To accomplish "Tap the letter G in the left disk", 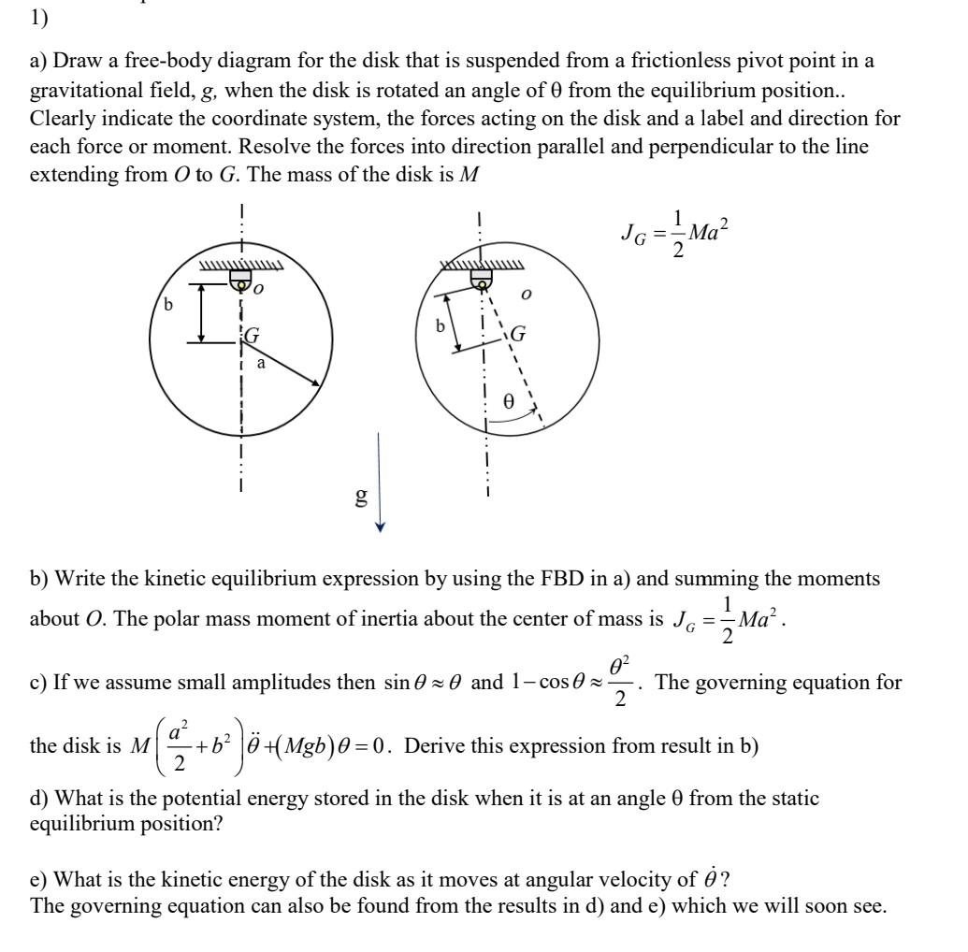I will [x=253, y=335].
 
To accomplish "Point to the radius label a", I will [x=261, y=362].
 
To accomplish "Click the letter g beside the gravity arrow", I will [x=359, y=497].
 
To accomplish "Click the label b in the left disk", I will [x=168, y=305].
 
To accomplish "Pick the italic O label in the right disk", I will [x=527, y=295].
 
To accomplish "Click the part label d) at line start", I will [x=41, y=800].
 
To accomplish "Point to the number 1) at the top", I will [x=39, y=17].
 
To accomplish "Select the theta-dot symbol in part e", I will [x=711, y=879].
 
